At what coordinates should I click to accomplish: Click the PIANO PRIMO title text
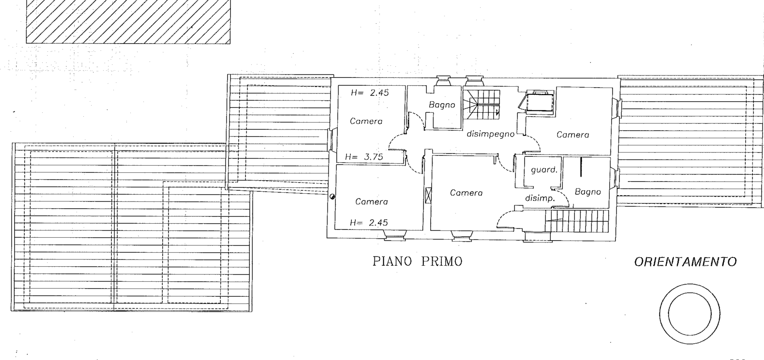417,261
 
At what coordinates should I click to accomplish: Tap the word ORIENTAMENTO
685,262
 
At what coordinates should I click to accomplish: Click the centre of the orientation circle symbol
690,314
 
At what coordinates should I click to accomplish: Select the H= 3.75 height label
364,157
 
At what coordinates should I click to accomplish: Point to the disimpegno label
491,134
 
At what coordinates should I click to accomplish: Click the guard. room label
544,170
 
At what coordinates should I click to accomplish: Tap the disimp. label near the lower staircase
540,198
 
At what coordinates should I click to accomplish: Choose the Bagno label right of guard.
588,192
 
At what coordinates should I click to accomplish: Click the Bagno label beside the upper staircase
442,105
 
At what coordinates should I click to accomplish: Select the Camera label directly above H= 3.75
366,121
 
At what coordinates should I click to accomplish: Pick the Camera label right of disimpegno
573,135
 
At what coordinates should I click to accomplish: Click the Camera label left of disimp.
466,193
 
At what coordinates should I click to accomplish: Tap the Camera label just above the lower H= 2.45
372,202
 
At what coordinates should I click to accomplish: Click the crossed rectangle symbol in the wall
428,195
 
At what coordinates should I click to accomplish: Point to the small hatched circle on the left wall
332,196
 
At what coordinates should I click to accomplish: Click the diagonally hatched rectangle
128,22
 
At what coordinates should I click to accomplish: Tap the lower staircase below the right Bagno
577,221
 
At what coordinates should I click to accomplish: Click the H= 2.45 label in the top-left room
370,93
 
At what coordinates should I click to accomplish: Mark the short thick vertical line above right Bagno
581,167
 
